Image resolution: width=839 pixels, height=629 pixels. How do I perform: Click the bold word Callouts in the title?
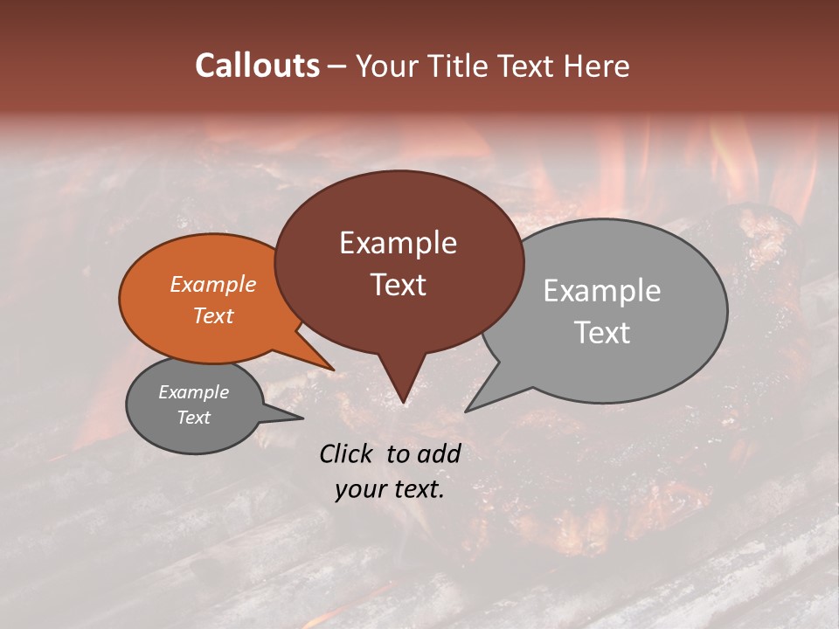coord(257,66)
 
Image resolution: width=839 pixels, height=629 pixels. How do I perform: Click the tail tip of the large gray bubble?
coord(466,411)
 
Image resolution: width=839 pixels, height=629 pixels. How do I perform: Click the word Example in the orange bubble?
coord(213,285)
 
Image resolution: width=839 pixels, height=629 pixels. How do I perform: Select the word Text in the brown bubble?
coord(399,285)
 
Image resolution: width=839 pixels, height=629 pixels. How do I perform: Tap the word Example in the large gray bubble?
coord(602,291)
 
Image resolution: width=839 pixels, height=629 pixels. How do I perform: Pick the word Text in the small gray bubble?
coord(194,418)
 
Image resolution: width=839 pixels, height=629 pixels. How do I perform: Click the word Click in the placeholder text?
coord(347,453)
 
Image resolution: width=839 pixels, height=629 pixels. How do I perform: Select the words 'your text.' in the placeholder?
coord(390,490)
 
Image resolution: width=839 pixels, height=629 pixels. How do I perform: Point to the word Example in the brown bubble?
coord(399,243)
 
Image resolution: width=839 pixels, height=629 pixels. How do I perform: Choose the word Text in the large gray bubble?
coord(602,333)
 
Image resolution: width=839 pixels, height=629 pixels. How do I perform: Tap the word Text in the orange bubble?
coord(213,316)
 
